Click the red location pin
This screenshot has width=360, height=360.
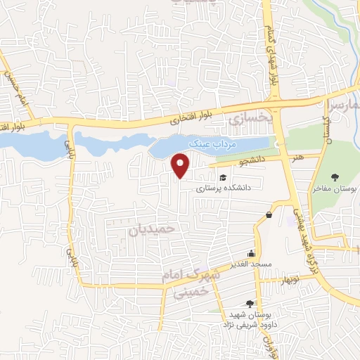tap(181, 165)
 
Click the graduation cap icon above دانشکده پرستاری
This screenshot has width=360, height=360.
tap(223, 178)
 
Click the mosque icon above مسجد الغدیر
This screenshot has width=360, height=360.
tap(251, 254)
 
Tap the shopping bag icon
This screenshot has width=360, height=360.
tap(269, 214)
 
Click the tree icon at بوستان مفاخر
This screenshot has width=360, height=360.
tap(335, 178)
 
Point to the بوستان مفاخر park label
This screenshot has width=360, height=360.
tap(335, 190)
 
